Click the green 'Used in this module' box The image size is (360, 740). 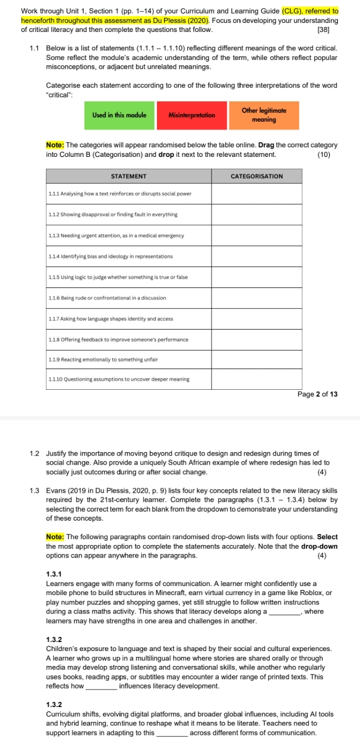click(x=119, y=115)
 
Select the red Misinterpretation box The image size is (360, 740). click(x=192, y=115)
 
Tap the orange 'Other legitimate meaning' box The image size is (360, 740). click(x=263, y=115)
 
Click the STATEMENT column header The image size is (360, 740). click(x=128, y=176)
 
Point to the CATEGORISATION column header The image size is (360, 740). click(x=257, y=176)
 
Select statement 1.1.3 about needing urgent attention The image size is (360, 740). click(x=116, y=235)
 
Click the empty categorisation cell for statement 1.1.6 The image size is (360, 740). click(x=257, y=298)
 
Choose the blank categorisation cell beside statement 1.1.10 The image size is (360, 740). click(x=257, y=379)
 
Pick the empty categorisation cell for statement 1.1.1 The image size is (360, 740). click(x=257, y=193)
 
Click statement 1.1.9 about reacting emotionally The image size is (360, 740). click(x=103, y=360)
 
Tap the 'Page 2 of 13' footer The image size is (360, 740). click(x=317, y=394)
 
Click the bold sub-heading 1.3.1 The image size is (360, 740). click(x=53, y=574)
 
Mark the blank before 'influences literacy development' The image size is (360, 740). click(x=102, y=686)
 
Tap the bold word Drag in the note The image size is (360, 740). click(x=266, y=145)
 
